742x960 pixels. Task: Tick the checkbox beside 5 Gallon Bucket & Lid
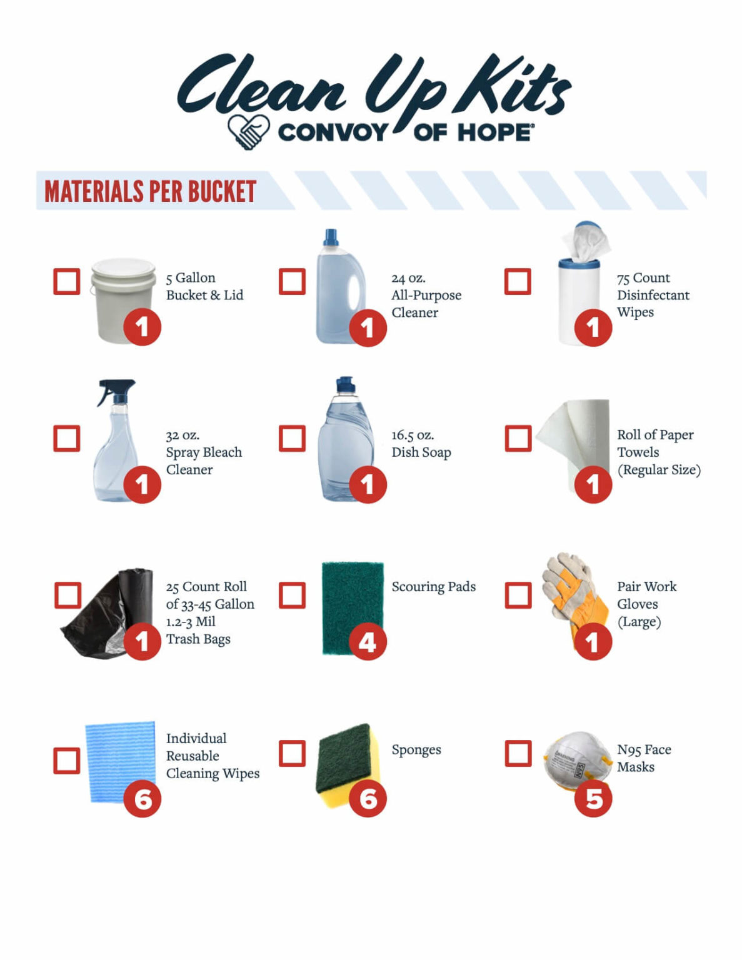point(67,281)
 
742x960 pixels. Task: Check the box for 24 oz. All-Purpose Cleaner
point(292,281)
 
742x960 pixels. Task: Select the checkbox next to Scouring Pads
point(292,595)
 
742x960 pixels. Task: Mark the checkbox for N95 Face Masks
point(518,753)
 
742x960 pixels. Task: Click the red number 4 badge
point(368,642)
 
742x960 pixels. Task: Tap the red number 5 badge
point(593,799)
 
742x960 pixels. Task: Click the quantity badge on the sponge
point(368,799)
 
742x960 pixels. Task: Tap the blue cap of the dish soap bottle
point(346,384)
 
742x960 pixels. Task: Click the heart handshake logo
point(248,131)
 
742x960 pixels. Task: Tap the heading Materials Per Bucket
point(150,191)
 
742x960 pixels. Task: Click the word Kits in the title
point(513,87)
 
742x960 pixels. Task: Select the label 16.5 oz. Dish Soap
point(421,444)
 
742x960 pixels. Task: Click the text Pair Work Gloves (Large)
point(646,604)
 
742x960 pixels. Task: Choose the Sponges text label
point(416,749)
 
